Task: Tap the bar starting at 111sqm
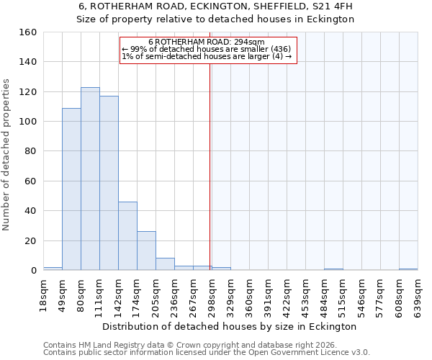click(109, 183)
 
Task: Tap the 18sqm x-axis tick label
click(44, 292)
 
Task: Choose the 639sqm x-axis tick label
click(418, 295)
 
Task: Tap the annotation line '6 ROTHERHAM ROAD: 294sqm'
click(207, 42)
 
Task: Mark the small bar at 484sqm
click(333, 269)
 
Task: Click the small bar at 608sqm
click(408, 269)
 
